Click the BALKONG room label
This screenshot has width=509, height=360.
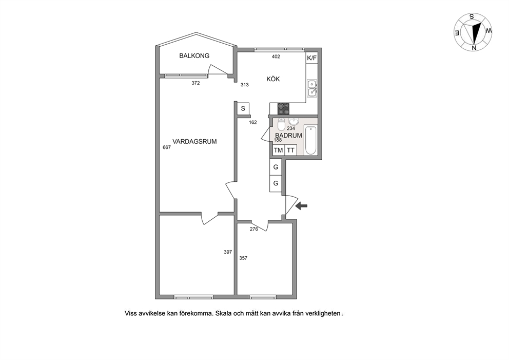click(x=194, y=55)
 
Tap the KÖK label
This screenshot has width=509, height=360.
click(x=273, y=79)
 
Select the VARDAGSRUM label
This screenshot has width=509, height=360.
click(x=194, y=142)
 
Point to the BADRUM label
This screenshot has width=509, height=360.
click(x=288, y=136)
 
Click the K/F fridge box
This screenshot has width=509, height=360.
click(x=311, y=58)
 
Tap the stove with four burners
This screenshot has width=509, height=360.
click(x=283, y=108)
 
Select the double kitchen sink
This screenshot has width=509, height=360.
click(x=312, y=88)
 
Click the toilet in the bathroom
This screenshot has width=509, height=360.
click(x=281, y=124)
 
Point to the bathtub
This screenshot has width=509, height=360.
click(x=311, y=140)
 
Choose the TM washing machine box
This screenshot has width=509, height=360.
click(x=278, y=150)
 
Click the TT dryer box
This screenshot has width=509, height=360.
click(x=290, y=150)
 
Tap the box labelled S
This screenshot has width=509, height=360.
click(x=243, y=108)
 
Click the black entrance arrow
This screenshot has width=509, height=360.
click(x=302, y=205)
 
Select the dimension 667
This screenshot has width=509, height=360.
click(x=167, y=147)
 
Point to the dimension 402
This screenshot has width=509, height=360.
click(x=276, y=56)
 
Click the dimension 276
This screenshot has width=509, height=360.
click(x=254, y=229)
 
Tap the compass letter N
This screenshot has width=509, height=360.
click(x=474, y=48)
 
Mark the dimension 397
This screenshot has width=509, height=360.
click(x=228, y=252)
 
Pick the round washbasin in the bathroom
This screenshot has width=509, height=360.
click(x=294, y=122)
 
